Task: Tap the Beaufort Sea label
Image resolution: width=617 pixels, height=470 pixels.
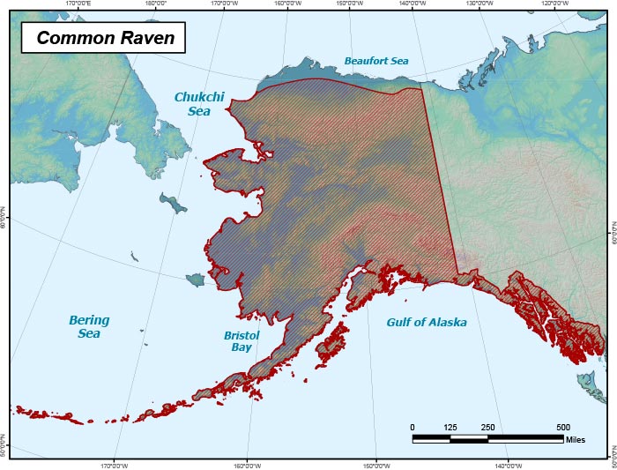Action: tap(376, 62)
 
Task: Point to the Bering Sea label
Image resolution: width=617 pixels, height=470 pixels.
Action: tap(89, 326)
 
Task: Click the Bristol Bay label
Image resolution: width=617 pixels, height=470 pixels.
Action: tap(241, 341)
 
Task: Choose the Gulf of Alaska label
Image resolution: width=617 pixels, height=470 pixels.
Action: tap(427, 323)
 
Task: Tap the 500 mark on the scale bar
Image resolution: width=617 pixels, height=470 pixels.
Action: tap(562, 427)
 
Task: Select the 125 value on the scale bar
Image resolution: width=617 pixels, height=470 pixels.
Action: tap(450, 427)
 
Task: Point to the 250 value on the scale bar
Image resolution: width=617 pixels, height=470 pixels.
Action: tap(487, 427)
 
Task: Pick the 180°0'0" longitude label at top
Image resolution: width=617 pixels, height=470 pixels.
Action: tap(155, 4)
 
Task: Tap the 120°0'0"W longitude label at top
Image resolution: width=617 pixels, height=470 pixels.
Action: tap(554, 4)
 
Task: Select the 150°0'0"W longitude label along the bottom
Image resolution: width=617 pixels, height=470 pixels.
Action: tap(376, 466)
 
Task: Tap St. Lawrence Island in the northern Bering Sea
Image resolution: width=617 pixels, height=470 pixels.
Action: tap(174, 204)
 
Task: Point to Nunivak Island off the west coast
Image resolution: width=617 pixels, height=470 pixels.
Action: tap(196, 279)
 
